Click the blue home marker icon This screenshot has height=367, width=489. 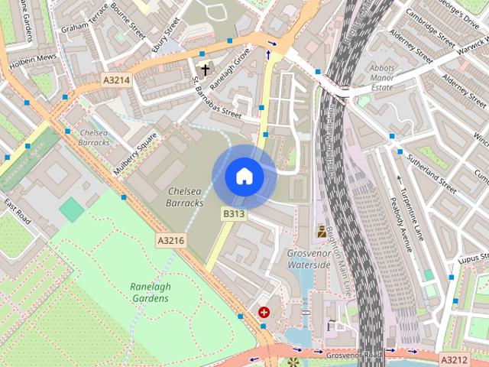(244, 177)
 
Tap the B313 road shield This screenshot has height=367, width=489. (234, 214)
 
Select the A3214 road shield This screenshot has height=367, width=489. (118, 80)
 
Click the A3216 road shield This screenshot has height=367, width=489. (170, 240)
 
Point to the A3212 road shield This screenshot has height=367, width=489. (453, 358)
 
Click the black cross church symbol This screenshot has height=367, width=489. (205, 70)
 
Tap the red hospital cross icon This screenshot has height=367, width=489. (264, 312)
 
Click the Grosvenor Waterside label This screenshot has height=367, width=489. (309, 258)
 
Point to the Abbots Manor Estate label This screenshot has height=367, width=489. (381, 77)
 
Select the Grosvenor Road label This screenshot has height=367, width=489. (351, 355)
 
